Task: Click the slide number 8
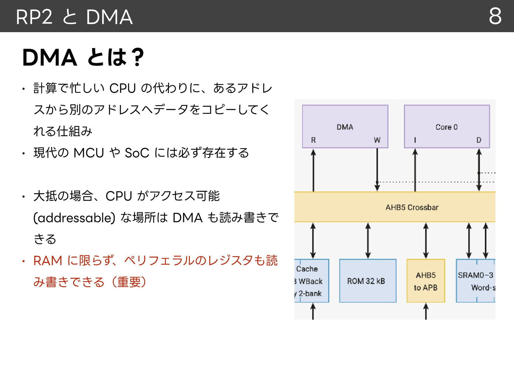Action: pos(495,16)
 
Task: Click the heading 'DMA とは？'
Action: pos(83,57)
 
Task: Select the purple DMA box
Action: pos(345,127)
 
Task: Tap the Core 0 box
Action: pos(447,127)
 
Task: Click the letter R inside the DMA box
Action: pos(313,140)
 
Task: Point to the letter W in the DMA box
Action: pos(377,140)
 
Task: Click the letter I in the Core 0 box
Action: pos(415,140)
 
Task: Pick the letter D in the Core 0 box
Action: pos(479,140)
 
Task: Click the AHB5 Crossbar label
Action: pos(412,207)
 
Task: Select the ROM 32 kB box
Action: pos(368,281)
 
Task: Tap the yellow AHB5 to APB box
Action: pos(426,281)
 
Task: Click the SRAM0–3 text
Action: pos(475,275)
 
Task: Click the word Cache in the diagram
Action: pos(307,269)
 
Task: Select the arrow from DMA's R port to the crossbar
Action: pos(313,170)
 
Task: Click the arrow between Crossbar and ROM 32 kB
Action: pos(368,241)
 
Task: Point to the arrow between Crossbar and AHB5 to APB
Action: pos(426,241)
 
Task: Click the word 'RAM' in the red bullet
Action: pos(48,261)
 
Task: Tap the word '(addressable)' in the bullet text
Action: pos(74,218)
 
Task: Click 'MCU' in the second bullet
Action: pos(89,153)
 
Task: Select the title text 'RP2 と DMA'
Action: pos(74,17)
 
